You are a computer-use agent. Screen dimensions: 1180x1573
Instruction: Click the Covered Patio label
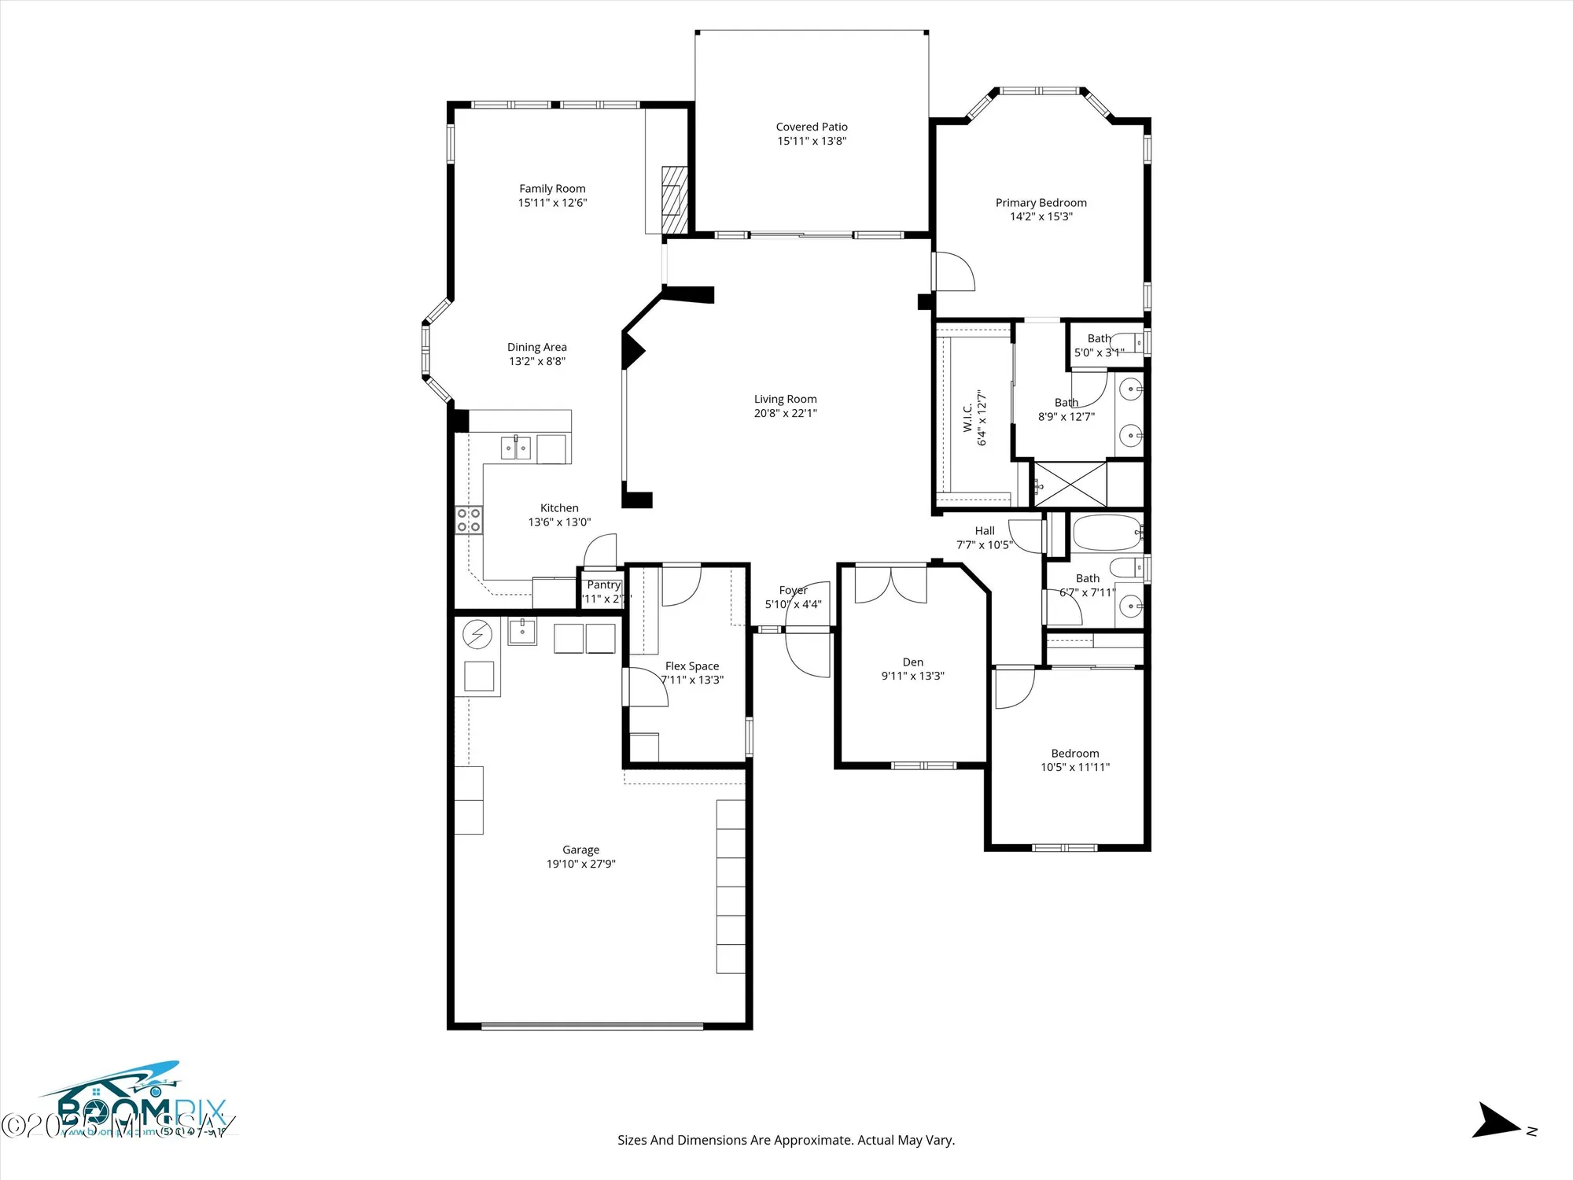pos(812,127)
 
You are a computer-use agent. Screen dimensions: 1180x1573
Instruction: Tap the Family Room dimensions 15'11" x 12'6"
pos(552,203)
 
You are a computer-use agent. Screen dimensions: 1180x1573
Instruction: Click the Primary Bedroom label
pos(1041,203)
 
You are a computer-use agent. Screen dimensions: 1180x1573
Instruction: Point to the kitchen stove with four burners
pos(469,521)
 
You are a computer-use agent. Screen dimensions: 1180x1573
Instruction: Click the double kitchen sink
pos(516,448)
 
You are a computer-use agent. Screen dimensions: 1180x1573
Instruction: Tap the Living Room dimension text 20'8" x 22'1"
pos(785,413)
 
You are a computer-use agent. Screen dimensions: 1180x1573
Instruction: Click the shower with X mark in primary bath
pos(1070,484)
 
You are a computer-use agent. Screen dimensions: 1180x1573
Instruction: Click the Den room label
pos(912,662)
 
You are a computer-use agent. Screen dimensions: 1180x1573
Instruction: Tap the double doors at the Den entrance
pos(890,584)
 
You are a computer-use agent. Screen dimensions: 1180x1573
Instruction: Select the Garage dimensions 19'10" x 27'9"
pos(580,864)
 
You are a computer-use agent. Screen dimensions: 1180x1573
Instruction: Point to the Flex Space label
pos(691,666)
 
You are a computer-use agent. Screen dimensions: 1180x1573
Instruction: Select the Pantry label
pos(603,584)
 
